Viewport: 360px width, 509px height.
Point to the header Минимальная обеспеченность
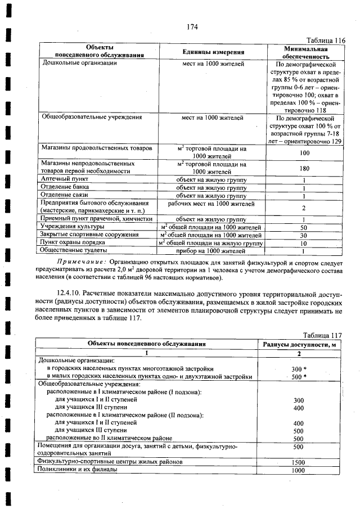tap(305, 52)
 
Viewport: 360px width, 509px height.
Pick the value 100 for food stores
tap(304, 152)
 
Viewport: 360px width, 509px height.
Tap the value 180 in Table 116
tap(304, 167)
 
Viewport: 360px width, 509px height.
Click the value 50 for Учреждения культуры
tap(304, 227)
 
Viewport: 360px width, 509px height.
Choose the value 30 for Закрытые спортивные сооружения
tap(304, 235)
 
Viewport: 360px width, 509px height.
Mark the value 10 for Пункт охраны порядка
tap(304, 243)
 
